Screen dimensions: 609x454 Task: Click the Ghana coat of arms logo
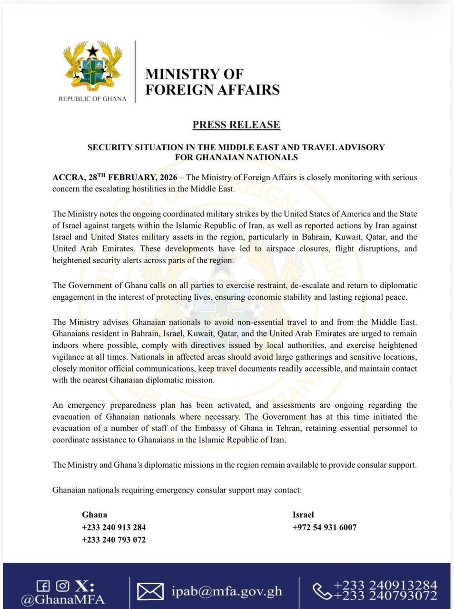point(92,67)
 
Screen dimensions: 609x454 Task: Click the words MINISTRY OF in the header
point(194,74)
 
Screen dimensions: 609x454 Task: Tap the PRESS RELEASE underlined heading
point(236,125)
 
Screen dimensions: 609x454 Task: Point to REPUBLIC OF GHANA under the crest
point(92,99)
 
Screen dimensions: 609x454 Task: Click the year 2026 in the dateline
point(168,177)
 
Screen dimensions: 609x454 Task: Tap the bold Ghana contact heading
point(94,514)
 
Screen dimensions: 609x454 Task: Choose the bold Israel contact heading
point(303,514)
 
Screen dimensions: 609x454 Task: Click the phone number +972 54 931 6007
point(324,527)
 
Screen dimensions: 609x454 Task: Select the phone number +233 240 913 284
point(114,527)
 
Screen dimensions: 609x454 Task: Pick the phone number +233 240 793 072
point(114,540)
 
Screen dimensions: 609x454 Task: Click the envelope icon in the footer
point(150,591)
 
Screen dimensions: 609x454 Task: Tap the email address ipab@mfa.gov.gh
point(227,591)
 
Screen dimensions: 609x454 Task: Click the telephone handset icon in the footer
point(322,591)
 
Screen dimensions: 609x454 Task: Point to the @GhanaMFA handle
point(62,599)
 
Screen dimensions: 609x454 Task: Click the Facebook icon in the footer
point(43,586)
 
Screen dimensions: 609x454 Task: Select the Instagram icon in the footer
point(62,586)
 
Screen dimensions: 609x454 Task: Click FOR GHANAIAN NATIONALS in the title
point(236,157)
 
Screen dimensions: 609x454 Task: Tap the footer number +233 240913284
point(385,585)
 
